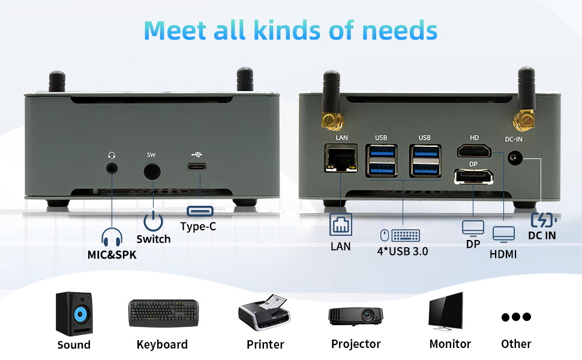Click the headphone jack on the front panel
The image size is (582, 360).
pos(112,169)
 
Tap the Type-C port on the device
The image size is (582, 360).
pos(200,167)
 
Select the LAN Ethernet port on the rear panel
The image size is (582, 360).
pos(339,158)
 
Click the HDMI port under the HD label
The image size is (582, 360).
pos(474,151)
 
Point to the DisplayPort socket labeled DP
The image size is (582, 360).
pos(473,177)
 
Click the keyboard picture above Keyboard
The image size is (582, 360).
pos(163,313)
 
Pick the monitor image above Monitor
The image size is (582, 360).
pos(446,311)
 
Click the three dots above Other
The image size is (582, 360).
pos(516,317)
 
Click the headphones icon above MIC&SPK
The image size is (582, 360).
pos(112,238)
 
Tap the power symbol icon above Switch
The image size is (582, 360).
pos(154,221)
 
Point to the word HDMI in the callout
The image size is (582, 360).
pos(503,254)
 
